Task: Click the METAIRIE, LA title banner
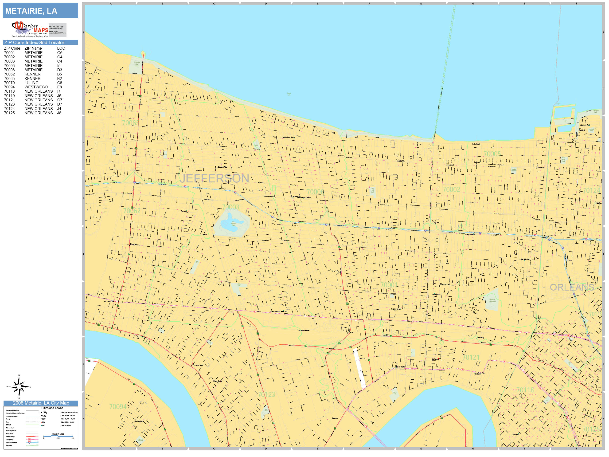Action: [x=40, y=11]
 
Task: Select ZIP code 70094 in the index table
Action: [x=9, y=87]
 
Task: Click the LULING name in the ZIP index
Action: [x=31, y=83]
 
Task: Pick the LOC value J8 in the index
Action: [x=59, y=113]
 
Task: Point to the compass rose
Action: [x=19, y=387]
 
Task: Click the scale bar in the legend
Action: [x=58, y=436]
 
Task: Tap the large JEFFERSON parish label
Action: [x=214, y=178]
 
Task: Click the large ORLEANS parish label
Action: [x=572, y=287]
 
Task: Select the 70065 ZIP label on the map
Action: [x=130, y=123]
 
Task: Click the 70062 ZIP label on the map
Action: [x=132, y=211]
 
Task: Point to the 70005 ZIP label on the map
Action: [x=492, y=154]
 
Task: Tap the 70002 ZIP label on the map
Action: [x=451, y=189]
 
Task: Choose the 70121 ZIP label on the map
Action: [x=471, y=357]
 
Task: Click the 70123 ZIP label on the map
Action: [x=266, y=394]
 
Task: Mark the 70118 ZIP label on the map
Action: [x=525, y=390]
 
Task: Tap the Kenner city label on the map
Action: [x=133, y=244]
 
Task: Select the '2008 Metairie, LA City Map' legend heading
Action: [x=41, y=403]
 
